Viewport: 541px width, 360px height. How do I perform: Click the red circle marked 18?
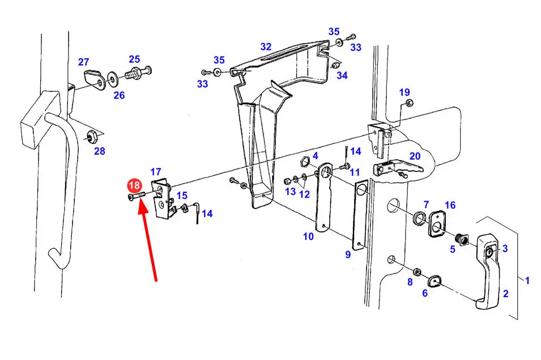(134, 186)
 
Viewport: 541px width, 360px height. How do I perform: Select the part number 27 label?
(84, 62)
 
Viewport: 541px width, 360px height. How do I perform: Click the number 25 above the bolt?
(134, 59)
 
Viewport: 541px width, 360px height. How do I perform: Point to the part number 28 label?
(100, 151)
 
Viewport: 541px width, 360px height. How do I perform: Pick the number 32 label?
(266, 46)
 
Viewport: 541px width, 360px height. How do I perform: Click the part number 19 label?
(404, 92)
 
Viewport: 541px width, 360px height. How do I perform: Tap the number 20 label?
(415, 156)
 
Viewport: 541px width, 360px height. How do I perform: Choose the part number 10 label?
(308, 236)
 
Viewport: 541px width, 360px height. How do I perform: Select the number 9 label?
(348, 255)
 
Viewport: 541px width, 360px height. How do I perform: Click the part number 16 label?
(450, 205)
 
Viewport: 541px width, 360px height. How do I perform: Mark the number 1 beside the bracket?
(527, 280)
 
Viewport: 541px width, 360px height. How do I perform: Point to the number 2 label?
(506, 293)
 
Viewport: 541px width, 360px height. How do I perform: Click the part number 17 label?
(156, 171)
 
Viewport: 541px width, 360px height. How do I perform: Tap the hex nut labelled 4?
(303, 160)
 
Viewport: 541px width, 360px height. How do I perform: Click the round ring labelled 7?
(420, 218)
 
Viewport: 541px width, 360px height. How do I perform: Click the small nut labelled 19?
(410, 103)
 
